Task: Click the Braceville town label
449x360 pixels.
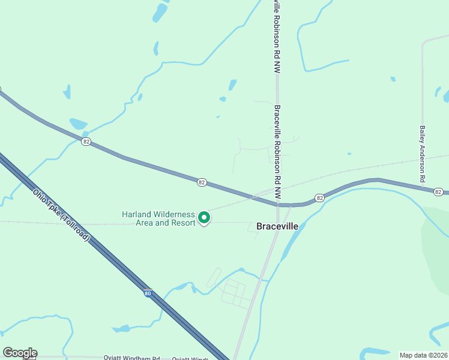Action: (281, 227)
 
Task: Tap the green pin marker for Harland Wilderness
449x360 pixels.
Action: (204, 217)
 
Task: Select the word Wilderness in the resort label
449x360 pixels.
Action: (172, 214)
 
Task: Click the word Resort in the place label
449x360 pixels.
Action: (183, 223)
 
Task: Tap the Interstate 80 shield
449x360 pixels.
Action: (148, 293)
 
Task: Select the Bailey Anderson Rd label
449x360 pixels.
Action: (423, 154)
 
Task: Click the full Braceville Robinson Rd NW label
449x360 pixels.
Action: (277, 152)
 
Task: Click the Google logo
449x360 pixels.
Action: (20, 353)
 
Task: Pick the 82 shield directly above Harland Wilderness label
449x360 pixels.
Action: (201, 182)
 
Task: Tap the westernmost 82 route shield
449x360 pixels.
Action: (87, 142)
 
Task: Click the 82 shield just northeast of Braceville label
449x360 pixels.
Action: (319, 198)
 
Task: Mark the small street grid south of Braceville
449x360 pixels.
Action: (234, 293)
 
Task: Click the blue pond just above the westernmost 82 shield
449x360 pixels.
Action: (78, 124)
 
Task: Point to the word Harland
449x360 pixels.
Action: (135, 214)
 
